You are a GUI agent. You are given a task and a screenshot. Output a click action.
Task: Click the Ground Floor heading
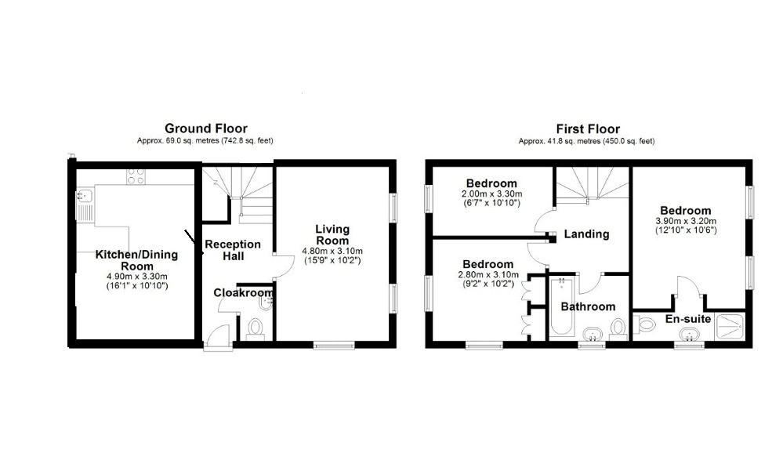(x=206, y=129)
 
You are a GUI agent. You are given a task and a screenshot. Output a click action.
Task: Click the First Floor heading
(x=588, y=129)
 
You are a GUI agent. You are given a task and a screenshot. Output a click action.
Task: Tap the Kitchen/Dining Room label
(x=136, y=260)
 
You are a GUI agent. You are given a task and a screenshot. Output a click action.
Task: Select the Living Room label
(x=332, y=235)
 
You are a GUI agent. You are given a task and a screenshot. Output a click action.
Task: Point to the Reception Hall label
(x=233, y=250)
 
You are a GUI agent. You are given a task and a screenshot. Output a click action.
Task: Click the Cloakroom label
(x=243, y=293)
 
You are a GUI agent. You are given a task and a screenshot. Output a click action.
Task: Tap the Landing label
(x=586, y=234)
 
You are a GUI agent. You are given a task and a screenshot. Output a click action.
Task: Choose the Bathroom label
(x=588, y=307)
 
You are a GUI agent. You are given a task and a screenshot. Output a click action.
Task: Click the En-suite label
(x=688, y=319)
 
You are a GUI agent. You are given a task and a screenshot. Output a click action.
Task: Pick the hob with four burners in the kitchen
(x=136, y=176)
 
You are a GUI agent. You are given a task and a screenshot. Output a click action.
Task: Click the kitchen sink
(x=85, y=205)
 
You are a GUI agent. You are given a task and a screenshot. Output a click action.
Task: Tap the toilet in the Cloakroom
(x=255, y=329)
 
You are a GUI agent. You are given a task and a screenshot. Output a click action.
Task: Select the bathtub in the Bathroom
(x=561, y=306)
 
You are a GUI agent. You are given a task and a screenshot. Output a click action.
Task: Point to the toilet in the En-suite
(x=644, y=324)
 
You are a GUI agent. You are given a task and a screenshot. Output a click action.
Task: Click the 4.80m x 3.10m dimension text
(x=332, y=252)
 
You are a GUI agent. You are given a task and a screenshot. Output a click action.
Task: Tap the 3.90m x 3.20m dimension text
(x=686, y=221)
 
